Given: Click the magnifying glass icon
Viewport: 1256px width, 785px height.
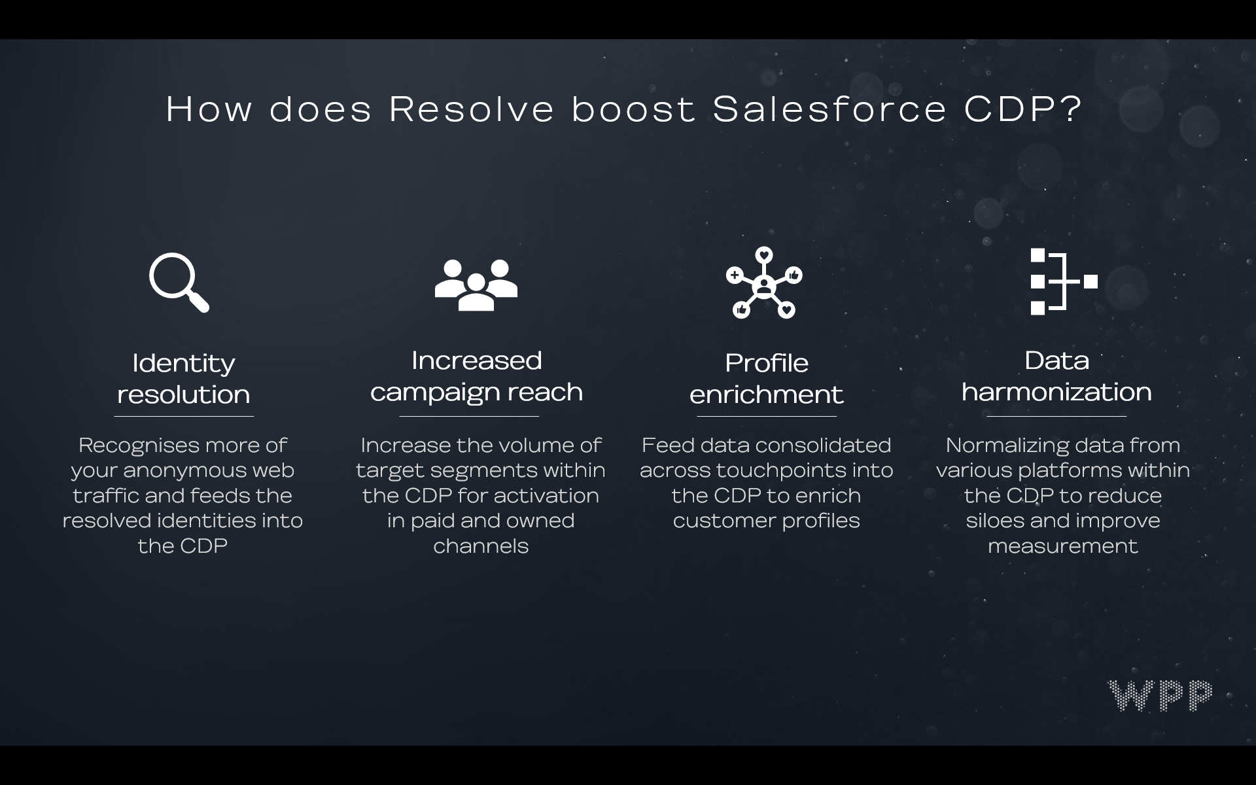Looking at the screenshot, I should (178, 282).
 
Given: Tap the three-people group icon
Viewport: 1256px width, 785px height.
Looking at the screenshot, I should (476, 285).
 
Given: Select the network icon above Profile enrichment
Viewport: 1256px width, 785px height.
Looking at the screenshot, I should (764, 283).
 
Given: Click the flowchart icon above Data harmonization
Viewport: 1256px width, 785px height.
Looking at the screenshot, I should (1063, 281).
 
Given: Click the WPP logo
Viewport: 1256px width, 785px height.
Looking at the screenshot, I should (1159, 695).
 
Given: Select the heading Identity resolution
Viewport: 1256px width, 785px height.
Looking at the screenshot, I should (183, 379).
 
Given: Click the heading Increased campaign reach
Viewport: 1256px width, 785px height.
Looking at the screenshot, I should (476, 376).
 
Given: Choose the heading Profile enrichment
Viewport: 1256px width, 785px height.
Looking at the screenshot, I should (766, 379).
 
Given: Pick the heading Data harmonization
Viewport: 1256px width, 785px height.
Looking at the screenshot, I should (1056, 376).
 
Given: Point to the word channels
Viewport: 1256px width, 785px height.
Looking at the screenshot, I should (481, 546).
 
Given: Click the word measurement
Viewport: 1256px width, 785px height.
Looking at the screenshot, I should (1063, 546).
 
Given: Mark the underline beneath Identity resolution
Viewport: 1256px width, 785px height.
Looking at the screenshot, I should (184, 416).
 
